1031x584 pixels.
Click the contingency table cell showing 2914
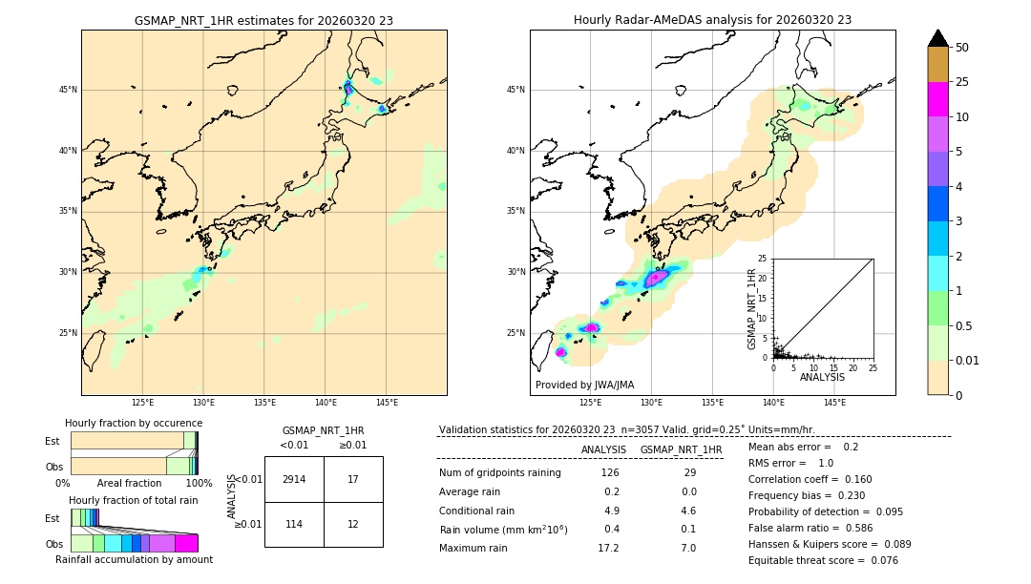point(294,479)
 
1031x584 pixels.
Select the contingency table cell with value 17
point(353,479)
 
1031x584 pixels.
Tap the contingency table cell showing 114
point(294,524)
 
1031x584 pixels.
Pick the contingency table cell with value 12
point(353,524)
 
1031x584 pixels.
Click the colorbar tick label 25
point(962,82)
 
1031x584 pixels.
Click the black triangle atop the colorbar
point(938,38)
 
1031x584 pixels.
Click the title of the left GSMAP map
point(263,20)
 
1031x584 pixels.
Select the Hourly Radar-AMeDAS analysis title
point(712,20)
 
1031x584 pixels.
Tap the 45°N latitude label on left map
point(68,90)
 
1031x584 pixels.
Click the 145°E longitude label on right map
point(834,403)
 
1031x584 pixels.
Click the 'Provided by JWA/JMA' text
point(584,386)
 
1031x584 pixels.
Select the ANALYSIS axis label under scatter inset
point(822,377)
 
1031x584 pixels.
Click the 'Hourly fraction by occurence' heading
point(134,423)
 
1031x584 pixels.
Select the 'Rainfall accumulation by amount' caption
point(134,559)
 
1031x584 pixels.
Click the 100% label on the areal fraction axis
point(199,484)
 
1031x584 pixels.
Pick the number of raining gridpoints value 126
point(609,472)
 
